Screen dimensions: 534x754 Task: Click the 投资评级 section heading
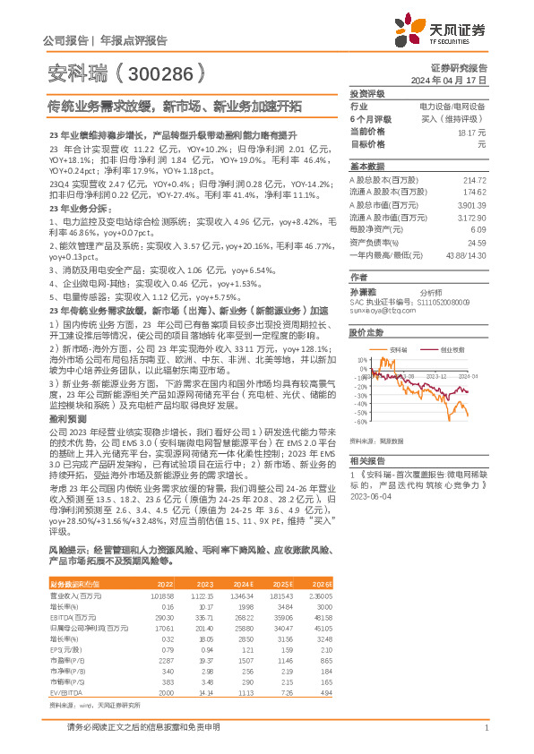click(x=366, y=93)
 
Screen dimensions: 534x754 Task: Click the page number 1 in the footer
click(x=485, y=728)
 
